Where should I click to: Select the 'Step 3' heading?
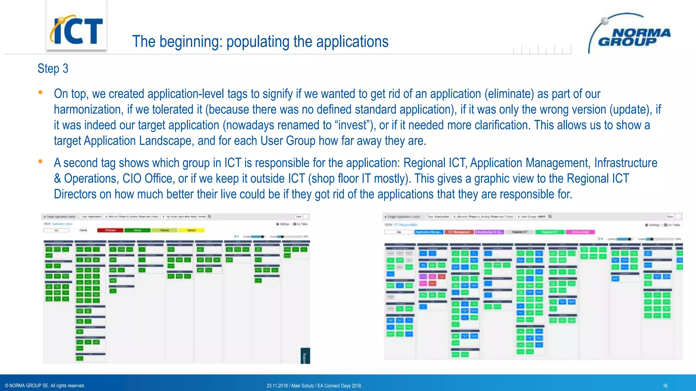[x=53, y=69]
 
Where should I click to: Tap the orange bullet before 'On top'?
[x=40, y=92]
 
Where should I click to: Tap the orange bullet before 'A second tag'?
[x=40, y=162]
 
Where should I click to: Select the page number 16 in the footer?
[x=665, y=386]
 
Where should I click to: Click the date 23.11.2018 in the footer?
[x=277, y=386]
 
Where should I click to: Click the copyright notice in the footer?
[x=45, y=386]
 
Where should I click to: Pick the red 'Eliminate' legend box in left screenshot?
[x=110, y=230]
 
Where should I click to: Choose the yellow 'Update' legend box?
[x=191, y=230]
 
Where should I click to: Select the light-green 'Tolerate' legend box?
[x=164, y=230]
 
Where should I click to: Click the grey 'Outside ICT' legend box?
[x=520, y=232]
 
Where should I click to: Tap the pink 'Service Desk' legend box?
[x=580, y=232]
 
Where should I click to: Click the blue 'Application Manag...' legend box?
[x=429, y=232]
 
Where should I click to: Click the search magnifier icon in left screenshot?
[x=210, y=216]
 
